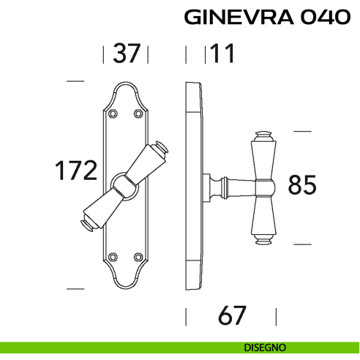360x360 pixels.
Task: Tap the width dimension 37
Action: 126,53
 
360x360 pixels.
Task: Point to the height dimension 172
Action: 76,170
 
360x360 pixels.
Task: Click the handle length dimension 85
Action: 301,185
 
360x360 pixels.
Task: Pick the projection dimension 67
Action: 232,316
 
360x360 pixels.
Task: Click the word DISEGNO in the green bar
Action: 266,348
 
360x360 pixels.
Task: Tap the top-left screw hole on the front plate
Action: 113,113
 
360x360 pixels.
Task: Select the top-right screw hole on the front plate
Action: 138,113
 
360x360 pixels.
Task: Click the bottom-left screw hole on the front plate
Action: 113,258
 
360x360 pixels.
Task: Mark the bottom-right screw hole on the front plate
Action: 138,258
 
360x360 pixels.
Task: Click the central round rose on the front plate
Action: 125,186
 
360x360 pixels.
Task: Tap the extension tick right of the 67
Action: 276,316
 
